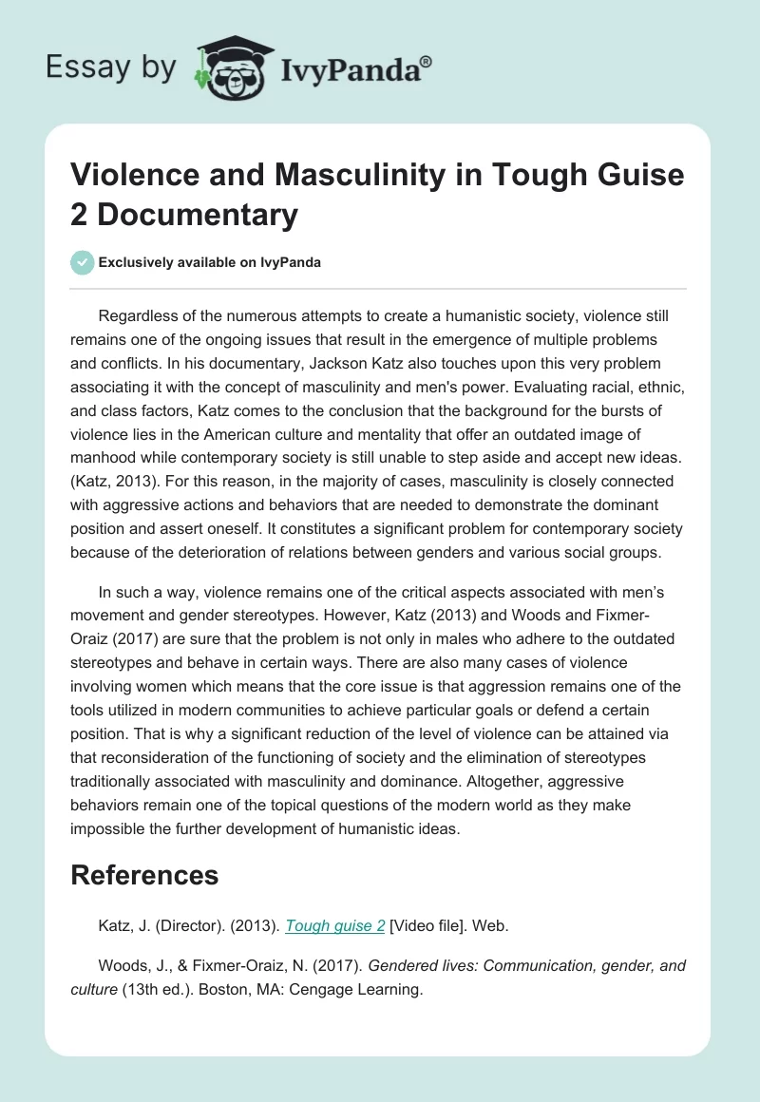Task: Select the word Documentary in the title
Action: click(198, 214)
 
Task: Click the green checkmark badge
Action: click(82, 262)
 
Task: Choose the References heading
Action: click(144, 874)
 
